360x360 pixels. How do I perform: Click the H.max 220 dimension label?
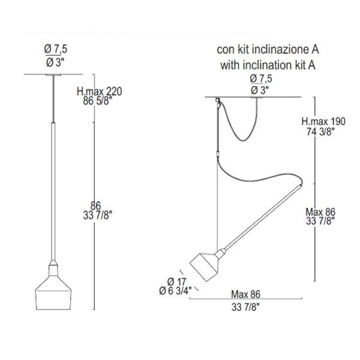(x=99, y=92)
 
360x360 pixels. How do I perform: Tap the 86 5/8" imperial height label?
(x=97, y=101)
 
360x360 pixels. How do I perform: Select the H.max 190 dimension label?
(x=323, y=121)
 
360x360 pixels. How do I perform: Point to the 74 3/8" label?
(x=320, y=131)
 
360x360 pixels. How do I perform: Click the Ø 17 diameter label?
(x=177, y=281)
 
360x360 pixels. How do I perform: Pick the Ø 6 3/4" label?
(x=175, y=291)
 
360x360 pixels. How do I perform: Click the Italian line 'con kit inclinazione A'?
(x=268, y=50)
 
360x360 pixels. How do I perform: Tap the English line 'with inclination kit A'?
(x=268, y=65)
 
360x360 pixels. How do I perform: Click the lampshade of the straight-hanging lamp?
(x=53, y=293)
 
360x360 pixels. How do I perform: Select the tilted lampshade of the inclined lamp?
(x=205, y=266)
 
